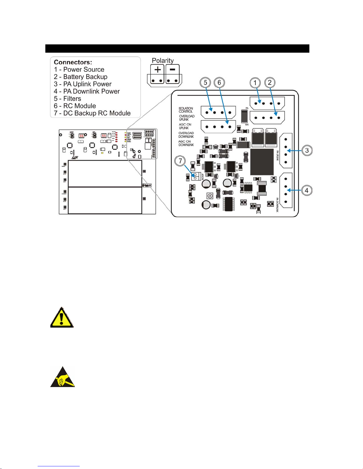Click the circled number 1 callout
(x=255, y=83)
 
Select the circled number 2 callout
(x=270, y=83)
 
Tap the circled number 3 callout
(x=307, y=150)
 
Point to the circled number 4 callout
(x=307, y=191)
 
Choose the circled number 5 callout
(x=205, y=83)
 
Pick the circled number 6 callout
(x=219, y=83)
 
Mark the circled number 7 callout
(x=180, y=161)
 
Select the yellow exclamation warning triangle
(x=62, y=317)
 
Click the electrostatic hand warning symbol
(x=62, y=378)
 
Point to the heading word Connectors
(x=73, y=62)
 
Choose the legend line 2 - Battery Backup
(x=81, y=77)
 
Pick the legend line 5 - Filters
(x=67, y=99)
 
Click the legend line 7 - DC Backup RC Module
(x=92, y=113)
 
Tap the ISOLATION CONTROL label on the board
(x=186, y=110)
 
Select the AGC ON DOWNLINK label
(x=186, y=143)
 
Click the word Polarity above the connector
(x=163, y=61)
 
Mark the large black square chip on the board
(x=262, y=162)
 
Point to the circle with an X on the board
(x=210, y=196)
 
